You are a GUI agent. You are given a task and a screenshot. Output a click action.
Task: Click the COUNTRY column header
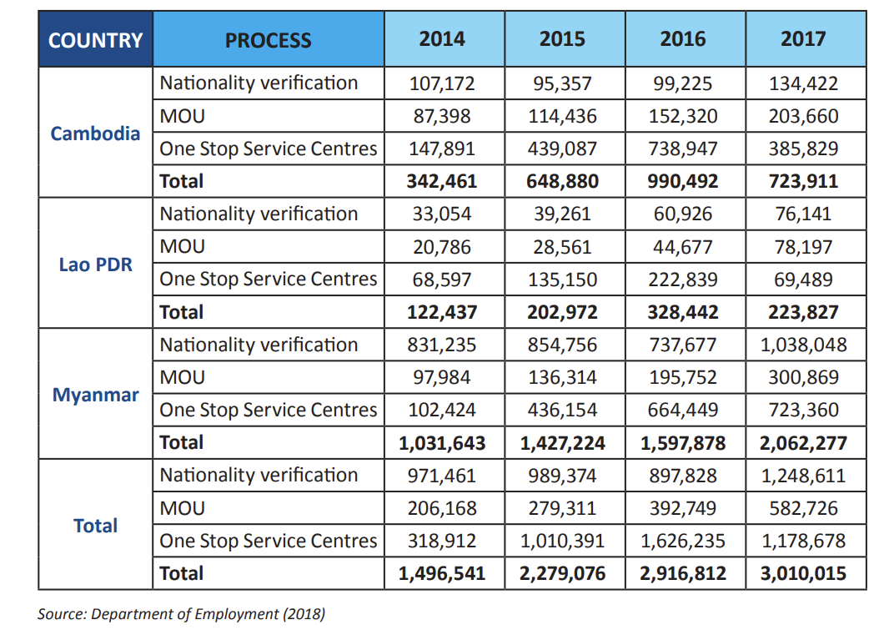pyautogui.click(x=95, y=41)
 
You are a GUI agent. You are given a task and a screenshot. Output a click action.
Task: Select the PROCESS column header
pyautogui.click(x=268, y=41)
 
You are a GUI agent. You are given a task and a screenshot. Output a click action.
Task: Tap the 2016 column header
pyautogui.click(x=682, y=38)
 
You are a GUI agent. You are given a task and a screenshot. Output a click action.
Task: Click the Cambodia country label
pyautogui.click(x=95, y=134)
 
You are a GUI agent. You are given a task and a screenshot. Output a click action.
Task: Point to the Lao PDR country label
pyautogui.click(x=95, y=265)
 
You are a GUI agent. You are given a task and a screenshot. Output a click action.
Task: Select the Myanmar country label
pyautogui.click(x=95, y=395)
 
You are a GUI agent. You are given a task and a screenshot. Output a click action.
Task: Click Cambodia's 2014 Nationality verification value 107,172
pyautogui.click(x=442, y=83)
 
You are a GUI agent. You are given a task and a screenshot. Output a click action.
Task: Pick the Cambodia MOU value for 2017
pyautogui.click(x=803, y=116)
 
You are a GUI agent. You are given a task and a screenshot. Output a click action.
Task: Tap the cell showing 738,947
pyautogui.click(x=682, y=149)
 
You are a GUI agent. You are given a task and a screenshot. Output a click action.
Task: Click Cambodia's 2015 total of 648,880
pyautogui.click(x=562, y=181)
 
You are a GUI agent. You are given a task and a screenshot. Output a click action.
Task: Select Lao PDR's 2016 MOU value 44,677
pyautogui.click(x=682, y=247)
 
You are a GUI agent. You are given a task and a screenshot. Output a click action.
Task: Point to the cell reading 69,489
pyautogui.click(x=803, y=280)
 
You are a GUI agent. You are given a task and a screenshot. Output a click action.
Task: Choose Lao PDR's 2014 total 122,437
pyautogui.click(x=442, y=313)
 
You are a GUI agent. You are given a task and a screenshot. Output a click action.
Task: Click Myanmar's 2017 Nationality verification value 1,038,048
pyautogui.click(x=803, y=345)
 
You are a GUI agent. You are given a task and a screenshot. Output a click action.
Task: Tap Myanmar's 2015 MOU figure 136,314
pyautogui.click(x=562, y=378)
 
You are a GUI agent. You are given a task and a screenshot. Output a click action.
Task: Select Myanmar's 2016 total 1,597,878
pyautogui.click(x=682, y=443)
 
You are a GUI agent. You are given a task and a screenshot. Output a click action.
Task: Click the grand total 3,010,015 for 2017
pyautogui.click(x=803, y=573)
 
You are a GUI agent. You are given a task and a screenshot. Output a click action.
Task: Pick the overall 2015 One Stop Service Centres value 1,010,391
pyautogui.click(x=562, y=541)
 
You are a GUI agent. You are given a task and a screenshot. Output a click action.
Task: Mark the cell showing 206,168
pyautogui.click(x=442, y=508)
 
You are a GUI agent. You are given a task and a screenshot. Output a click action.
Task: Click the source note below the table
pyautogui.click(x=181, y=614)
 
